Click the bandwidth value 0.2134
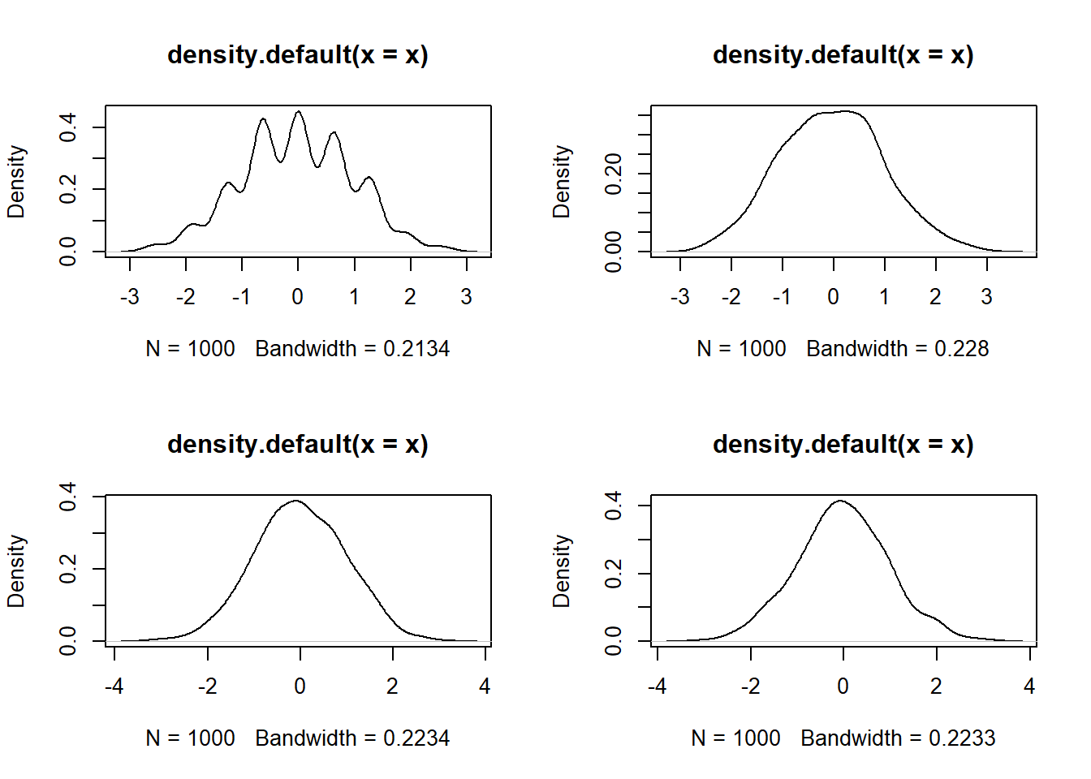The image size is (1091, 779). [x=416, y=349]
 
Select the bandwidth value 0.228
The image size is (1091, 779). [x=962, y=349]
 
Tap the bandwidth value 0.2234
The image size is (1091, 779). [x=416, y=738]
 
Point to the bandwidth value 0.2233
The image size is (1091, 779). [x=962, y=738]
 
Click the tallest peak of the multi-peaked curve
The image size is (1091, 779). [x=299, y=112]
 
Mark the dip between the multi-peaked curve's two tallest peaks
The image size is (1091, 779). [x=281, y=162]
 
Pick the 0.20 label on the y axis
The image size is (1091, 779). [x=614, y=174]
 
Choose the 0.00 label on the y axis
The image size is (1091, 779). [x=614, y=252]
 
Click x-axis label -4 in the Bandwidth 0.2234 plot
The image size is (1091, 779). [x=114, y=686]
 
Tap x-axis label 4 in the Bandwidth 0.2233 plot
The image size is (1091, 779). [x=1029, y=686]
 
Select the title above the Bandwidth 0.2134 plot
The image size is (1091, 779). [x=298, y=55]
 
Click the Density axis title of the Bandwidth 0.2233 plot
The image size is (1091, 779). [x=562, y=570]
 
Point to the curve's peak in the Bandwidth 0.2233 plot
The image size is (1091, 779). [x=841, y=501]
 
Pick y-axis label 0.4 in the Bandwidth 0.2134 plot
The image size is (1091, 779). [x=68, y=127]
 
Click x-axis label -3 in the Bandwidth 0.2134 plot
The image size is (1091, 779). [x=129, y=297]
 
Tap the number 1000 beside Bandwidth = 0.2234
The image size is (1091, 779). [x=211, y=738]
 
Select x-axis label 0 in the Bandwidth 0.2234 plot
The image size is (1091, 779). [x=300, y=686]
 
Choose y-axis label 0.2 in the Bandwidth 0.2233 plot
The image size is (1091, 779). [x=614, y=574]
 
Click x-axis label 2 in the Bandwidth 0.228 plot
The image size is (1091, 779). [x=935, y=297]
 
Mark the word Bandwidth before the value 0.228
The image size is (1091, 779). [x=857, y=349]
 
